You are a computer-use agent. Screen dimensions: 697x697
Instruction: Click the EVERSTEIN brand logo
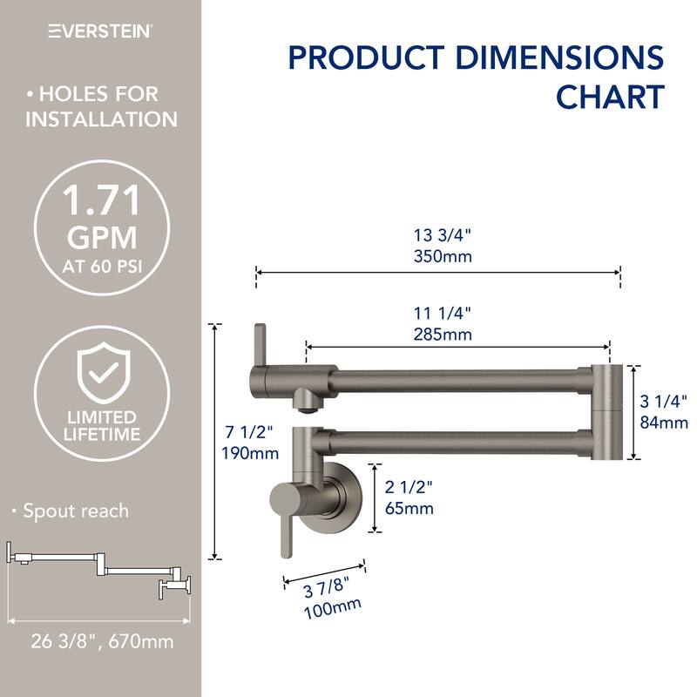[100, 30]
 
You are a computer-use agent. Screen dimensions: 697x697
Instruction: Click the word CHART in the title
[610, 96]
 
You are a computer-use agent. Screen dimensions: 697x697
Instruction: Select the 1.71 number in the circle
[101, 206]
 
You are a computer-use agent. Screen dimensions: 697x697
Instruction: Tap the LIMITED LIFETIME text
[102, 425]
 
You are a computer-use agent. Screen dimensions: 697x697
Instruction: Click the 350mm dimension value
[438, 258]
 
